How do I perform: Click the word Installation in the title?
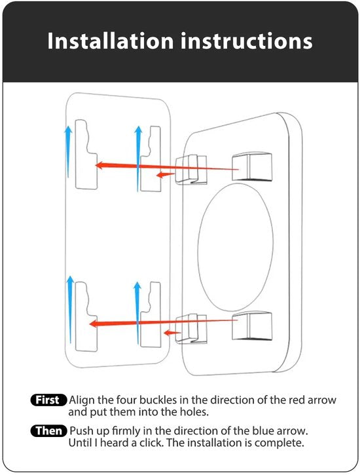coord(111,41)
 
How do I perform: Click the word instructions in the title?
coord(247,41)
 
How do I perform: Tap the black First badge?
coord(48,400)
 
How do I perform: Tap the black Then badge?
coord(48,430)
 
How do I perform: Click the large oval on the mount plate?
coord(236,247)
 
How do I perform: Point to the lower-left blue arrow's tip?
coord(70,276)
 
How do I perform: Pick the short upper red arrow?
coord(165,175)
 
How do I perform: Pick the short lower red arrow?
coord(172,333)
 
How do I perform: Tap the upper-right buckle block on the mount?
coord(252,167)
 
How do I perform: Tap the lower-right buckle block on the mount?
coord(252,326)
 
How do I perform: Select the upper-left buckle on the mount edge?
coord(191,169)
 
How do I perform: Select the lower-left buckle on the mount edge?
coord(191,329)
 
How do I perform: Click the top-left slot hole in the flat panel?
coord(86,155)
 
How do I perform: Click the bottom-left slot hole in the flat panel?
coord(86,316)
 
